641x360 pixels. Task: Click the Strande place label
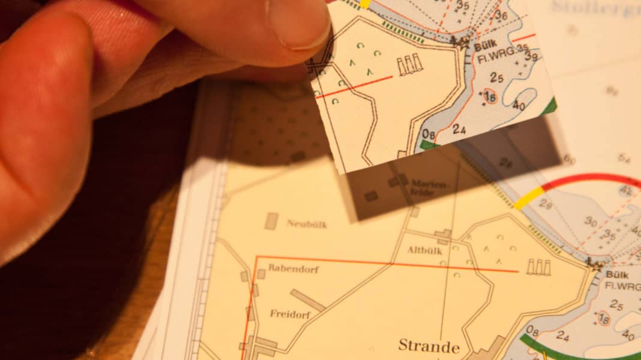[x=429, y=346]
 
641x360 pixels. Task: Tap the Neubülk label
[x=306, y=224]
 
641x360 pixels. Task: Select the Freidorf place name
[x=289, y=313]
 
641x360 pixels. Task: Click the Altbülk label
[x=424, y=250]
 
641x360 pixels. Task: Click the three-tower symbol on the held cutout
[x=410, y=65]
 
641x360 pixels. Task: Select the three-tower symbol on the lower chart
[x=538, y=267]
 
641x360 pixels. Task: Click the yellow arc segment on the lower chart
[x=529, y=199]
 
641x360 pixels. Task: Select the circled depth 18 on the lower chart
[x=603, y=320]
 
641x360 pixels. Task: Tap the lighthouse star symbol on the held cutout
[x=461, y=41]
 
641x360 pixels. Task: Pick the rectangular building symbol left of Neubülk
[x=271, y=221]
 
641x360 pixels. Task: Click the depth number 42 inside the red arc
[x=625, y=191]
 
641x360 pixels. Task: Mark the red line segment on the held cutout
[x=354, y=86]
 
